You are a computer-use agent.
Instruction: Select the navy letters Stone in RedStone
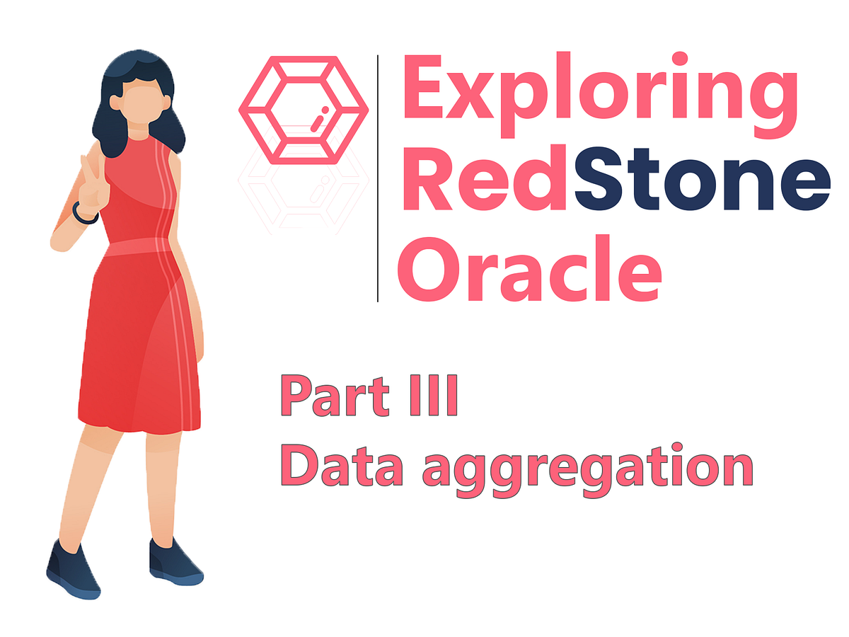[x=700, y=181]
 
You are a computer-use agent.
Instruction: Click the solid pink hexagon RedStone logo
[x=304, y=106]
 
